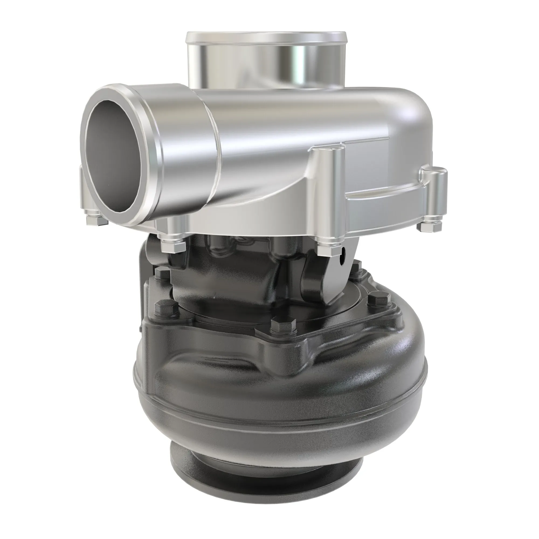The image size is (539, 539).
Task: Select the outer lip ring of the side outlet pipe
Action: coord(152,156)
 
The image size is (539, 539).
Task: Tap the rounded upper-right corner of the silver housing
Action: coord(419,106)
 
